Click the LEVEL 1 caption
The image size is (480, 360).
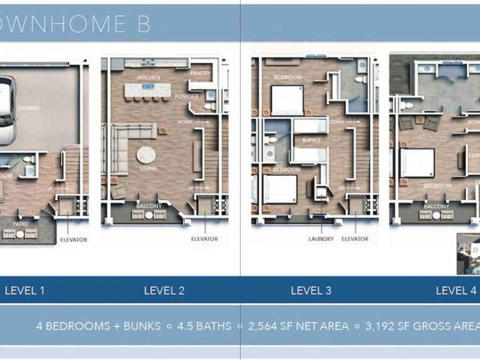[25, 291]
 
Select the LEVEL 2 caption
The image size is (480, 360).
[164, 291]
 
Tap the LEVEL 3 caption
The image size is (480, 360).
[311, 291]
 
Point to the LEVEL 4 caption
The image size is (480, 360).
[456, 291]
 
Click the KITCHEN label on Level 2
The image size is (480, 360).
[149, 78]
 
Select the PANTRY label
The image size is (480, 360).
[201, 73]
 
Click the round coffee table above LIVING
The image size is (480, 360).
[146, 155]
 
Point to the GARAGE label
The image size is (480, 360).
[29, 108]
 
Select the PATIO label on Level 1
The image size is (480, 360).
[20, 225]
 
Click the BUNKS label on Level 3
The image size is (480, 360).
[310, 140]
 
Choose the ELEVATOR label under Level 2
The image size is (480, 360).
[204, 239]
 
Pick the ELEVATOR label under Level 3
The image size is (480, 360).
[355, 239]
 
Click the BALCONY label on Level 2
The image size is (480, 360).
[148, 205]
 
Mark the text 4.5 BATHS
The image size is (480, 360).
[205, 326]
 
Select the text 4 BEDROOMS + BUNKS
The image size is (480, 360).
[98, 326]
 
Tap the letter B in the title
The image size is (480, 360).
[142, 24]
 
